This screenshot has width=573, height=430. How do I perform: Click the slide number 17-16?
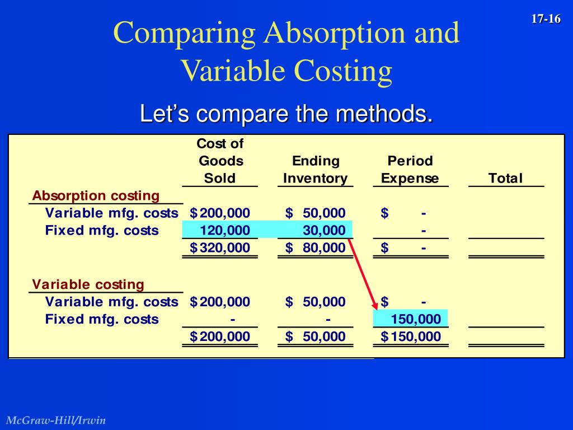point(546,19)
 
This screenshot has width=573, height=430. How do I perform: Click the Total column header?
point(505,179)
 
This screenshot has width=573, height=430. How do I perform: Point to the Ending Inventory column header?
point(316,170)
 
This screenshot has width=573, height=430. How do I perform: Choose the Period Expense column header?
point(410,170)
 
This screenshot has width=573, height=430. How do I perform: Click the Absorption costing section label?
point(96,196)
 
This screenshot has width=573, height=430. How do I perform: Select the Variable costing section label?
point(88,284)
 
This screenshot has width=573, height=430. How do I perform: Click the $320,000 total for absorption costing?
point(220,247)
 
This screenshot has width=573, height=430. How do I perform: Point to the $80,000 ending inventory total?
point(316,247)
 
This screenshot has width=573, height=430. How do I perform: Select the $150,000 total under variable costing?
point(411,336)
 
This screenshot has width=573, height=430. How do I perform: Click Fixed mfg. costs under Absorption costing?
point(102,230)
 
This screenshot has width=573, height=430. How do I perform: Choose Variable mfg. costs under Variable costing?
point(111,302)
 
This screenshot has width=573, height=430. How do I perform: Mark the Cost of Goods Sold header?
point(220,161)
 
